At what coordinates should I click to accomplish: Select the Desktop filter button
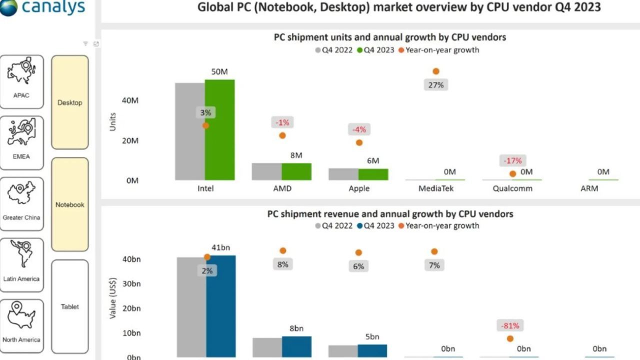pyautogui.click(x=70, y=102)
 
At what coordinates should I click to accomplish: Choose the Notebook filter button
pyautogui.click(x=70, y=204)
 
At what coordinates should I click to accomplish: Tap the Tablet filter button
pyautogui.click(x=70, y=306)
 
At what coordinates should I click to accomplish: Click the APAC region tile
pyautogui.click(x=21, y=81)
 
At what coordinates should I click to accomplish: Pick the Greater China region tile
pyautogui.click(x=21, y=204)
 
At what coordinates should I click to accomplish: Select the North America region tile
pyautogui.click(x=21, y=326)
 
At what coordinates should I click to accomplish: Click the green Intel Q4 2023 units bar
pyautogui.click(x=219, y=130)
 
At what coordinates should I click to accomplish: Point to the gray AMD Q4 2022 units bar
pyautogui.click(x=266, y=171)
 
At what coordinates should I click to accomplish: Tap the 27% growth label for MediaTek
pyautogui.click(x=435, y=85)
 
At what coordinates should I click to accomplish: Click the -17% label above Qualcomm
pyautogui.click(x=512, y=160)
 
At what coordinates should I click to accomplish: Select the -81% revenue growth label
pyautogui.click(x=510, y=326)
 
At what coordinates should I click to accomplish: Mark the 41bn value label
pyautogui.click(x=221, y=247)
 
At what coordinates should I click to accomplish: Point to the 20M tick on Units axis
pyautogui.click(x=130, y=140)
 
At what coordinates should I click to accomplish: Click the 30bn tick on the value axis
pyautogui.click(x=131, y=283)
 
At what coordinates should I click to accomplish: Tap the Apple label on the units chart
pyautogui.click(x=359, y=188)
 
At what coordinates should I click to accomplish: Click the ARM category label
pyautogui.click(x=589, y=188)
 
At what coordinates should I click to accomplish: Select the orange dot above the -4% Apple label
pyautogui.click(x=359, y=142)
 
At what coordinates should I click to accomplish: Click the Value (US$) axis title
pyautogui.click(x=112, y=298)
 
